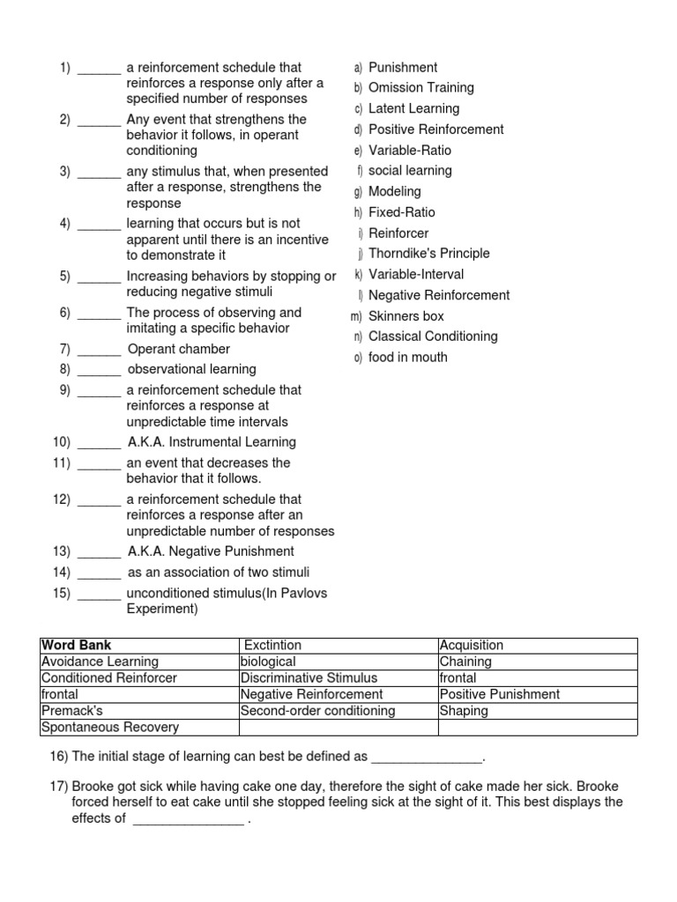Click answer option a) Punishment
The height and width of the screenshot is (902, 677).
click(x=402, y=68)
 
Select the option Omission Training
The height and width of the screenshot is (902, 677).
click(x=420, y=88)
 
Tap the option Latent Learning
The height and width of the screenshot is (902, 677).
click(x=413, y=108)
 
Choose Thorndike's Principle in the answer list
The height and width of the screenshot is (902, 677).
click(x=428, y=254)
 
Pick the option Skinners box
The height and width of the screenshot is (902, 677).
click(x=405, y=316)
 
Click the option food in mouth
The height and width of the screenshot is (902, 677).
click(x=407, y=358)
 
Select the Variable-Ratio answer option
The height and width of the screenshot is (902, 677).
click(x=412, y=151)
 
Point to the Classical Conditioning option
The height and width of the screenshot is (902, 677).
click(x=433, y=336)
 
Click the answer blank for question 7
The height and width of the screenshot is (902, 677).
click(x=99, y=351)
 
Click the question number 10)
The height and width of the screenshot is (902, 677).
click(x=61, y=442)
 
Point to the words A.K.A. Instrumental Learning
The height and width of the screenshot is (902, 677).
click(x=212, y=442)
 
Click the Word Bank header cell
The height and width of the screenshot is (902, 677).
click(x=77, y=646)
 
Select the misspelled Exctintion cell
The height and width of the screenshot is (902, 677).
click(x=272, y=646)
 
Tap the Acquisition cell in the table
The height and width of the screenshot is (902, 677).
click(x=472, y=646)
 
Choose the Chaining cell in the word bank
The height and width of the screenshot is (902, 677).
click(x=465, y=662)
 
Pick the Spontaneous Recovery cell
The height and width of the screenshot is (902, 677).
click(x=109, y=728)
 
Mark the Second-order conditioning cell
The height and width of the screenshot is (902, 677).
click(x=317, y=711)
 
